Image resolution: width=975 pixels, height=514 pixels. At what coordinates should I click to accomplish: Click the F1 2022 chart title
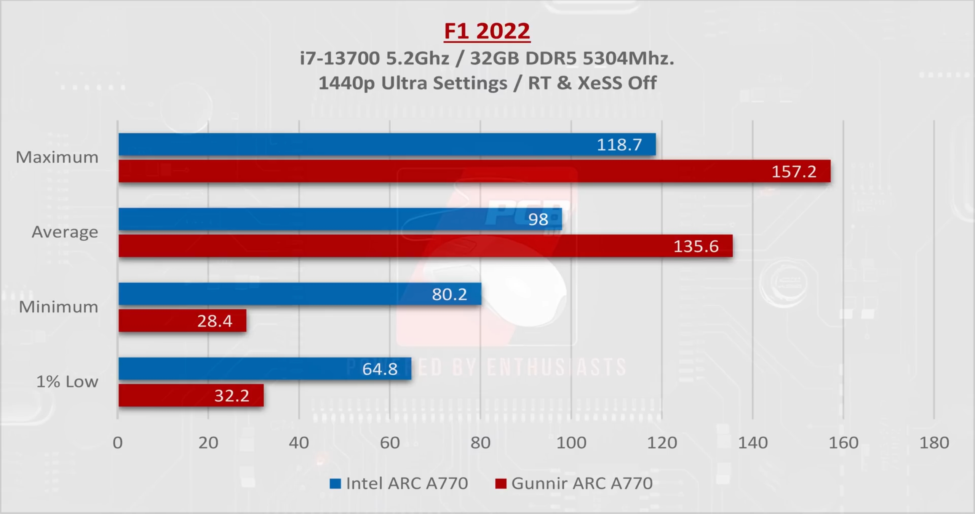487,31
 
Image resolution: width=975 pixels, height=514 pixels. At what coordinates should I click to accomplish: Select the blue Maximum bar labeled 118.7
387,144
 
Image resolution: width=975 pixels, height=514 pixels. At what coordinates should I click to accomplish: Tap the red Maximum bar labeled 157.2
474,171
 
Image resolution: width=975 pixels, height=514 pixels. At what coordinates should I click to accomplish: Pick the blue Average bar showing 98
340,219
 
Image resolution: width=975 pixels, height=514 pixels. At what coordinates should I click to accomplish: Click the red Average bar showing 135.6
425,246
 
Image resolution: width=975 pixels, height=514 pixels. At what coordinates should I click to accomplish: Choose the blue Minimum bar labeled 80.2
300,294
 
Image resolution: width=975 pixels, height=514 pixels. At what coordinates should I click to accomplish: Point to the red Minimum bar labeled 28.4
182,320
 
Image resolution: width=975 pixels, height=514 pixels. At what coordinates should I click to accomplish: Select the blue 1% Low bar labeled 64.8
265,368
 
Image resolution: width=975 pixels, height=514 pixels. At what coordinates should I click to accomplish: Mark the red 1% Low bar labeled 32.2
191,395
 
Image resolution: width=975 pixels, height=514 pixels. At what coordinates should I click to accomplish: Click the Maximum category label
57,157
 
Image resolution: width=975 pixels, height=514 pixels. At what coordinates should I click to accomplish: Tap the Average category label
65,232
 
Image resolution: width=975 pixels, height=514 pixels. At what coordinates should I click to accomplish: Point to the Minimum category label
59,307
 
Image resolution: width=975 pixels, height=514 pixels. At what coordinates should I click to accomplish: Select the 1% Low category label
67,381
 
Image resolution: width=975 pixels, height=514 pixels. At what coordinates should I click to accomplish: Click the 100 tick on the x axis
571,443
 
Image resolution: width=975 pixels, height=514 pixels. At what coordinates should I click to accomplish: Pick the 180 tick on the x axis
934,443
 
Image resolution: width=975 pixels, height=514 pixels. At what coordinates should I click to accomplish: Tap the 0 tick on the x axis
118,443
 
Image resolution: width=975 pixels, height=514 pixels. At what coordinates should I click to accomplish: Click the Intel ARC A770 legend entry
399,484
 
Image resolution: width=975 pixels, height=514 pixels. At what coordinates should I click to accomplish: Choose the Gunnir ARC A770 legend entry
574,484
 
